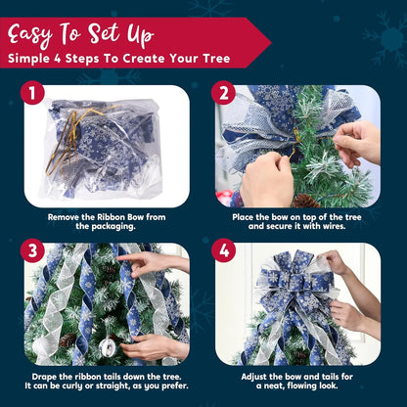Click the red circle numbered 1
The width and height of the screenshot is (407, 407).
(35, 95)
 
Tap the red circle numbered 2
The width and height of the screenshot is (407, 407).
(226, 95)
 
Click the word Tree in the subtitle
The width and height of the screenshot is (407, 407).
(213, 59)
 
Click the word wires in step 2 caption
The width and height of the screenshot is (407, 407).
(343, 227)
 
